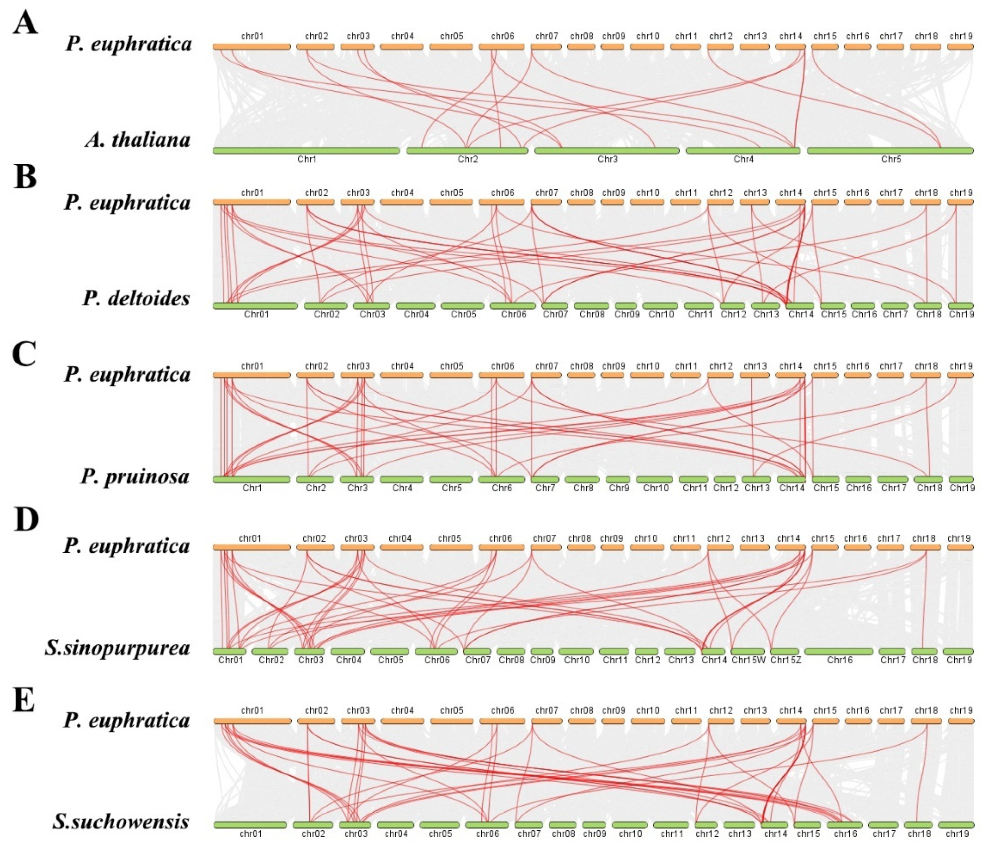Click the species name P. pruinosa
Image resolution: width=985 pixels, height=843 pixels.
(135, 476)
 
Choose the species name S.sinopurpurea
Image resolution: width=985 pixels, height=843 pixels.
(117, 648)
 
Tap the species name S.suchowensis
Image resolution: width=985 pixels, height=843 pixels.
(121, 822)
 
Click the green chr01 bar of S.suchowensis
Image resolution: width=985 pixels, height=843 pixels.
(250, 825)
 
